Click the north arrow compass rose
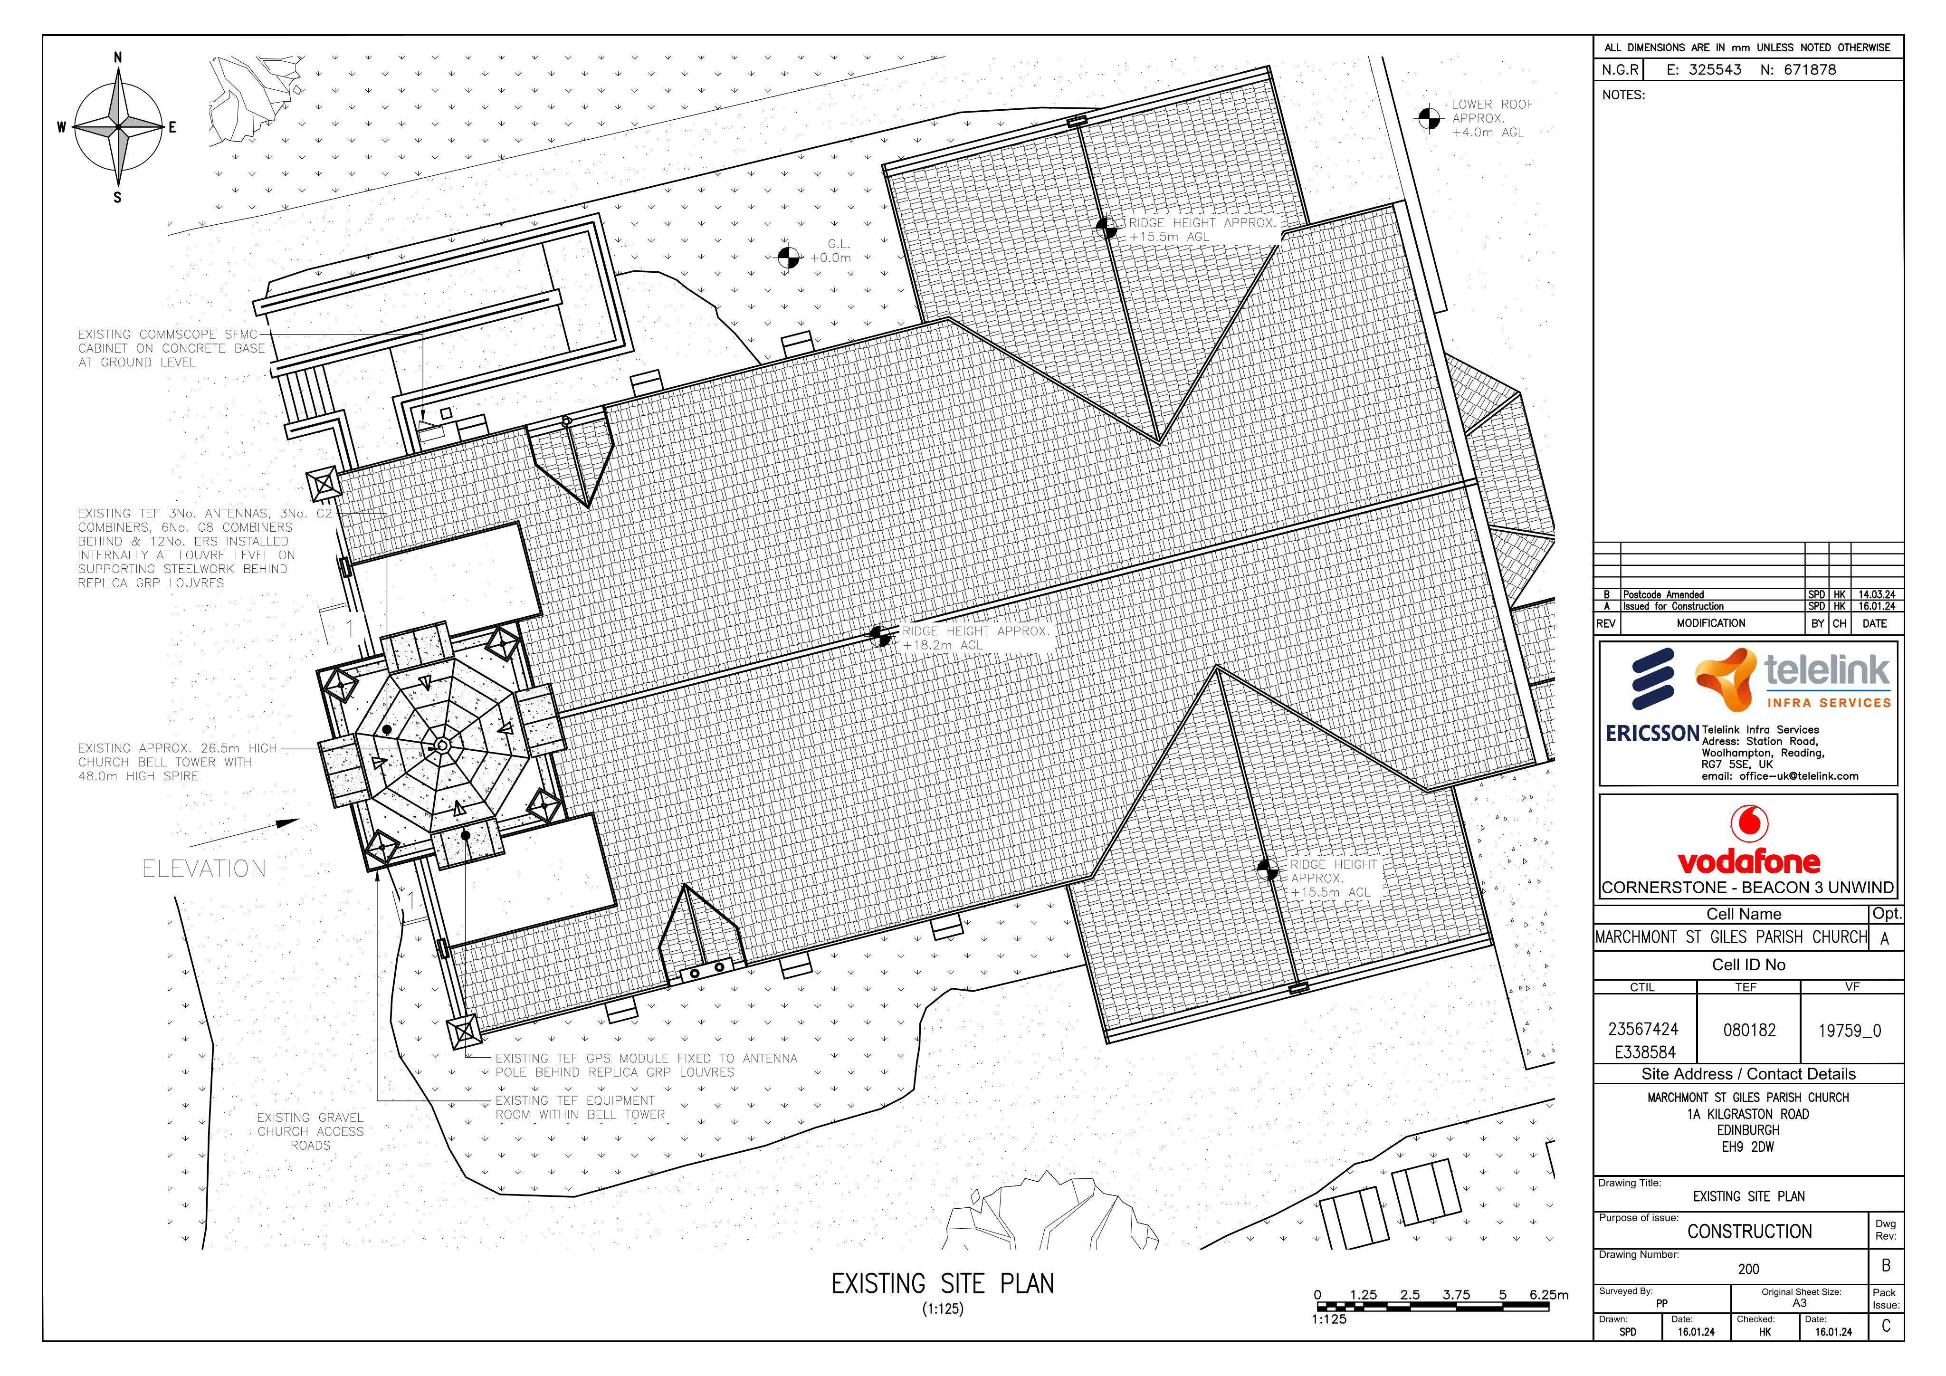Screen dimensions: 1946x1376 118,127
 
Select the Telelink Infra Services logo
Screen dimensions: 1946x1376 1793,681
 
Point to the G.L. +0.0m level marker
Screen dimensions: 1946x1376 788,256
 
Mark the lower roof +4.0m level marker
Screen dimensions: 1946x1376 1429,119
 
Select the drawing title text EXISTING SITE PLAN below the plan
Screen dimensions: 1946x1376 943,1284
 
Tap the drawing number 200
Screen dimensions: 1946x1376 1748,1269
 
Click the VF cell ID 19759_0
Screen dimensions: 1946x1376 1850,1031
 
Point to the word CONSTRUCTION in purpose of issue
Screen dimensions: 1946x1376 1749,1231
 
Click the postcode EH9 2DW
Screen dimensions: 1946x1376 1748,1147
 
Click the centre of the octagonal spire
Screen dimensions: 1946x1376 441,745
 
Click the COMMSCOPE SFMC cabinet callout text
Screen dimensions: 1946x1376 171,348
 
